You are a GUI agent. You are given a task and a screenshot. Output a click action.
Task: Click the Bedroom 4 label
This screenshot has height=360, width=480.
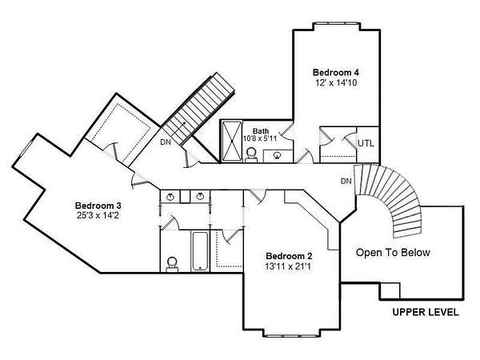point(336,73)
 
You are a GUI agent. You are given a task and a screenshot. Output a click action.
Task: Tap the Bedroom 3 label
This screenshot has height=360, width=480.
point(98,206)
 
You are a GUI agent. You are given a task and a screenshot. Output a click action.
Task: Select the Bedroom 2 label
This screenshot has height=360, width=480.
point(289,256)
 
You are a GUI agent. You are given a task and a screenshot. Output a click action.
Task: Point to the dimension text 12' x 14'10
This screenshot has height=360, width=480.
point(336,82)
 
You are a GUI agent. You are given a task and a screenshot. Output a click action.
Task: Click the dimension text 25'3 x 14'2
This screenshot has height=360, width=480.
point(98,215)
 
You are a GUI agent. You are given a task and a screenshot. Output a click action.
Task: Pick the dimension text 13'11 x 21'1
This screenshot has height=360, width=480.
point(288,266)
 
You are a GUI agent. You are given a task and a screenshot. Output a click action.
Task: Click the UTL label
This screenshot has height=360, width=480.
point(366,143)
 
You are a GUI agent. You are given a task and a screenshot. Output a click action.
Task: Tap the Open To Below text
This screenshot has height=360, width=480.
point(393,253)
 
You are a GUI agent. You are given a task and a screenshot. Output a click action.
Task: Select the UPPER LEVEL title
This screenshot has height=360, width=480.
point(426,312)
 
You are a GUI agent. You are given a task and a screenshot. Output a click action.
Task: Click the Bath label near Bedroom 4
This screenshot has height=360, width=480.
point(261,131)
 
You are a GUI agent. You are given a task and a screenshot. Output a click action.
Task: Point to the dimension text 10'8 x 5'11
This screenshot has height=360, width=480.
point(260,138)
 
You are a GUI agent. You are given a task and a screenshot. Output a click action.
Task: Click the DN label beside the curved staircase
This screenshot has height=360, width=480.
point(346,182)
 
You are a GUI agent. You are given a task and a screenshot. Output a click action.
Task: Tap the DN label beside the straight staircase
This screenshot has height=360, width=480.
point(166,142)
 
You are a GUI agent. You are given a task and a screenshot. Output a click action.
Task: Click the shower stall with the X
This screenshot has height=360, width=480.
point(232,141)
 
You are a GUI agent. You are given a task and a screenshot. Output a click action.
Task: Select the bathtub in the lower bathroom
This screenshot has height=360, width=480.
point(200,251)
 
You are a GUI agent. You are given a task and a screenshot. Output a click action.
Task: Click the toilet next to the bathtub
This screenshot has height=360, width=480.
point(172,264)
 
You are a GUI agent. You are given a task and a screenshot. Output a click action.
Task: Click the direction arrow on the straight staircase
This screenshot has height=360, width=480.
point(178,129)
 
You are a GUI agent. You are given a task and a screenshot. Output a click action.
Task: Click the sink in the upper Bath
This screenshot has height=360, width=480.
point(278,155)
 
